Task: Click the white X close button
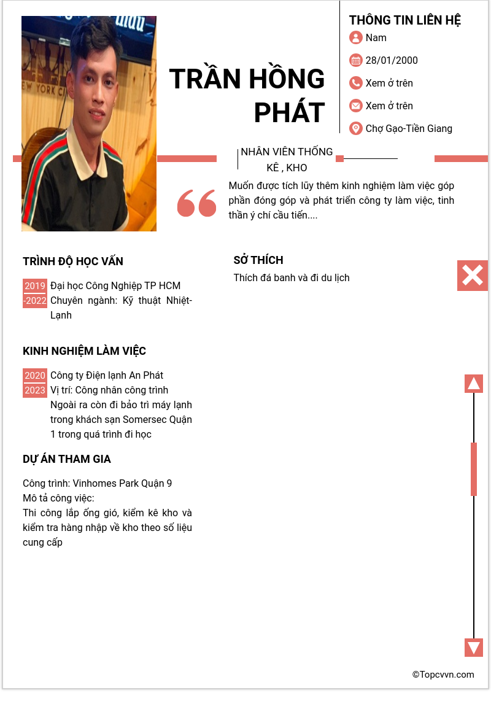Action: [x=473, y=276]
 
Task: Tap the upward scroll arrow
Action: [x=474, y=384]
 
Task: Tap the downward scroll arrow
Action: [x=474, y=648]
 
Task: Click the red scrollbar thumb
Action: [x=474, y=468]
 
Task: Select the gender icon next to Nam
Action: [x=355, y=37]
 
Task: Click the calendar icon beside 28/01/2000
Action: [x=355, y=60]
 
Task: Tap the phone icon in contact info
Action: [x=355, y=83]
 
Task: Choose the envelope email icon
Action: [x=355, y=106]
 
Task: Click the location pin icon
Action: [x=355, y=128]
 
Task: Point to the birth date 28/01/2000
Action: [x=392, y=60]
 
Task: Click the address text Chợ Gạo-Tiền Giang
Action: [x=409, y=128]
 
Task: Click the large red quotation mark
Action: [x=196, y=203]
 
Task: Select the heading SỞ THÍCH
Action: [x=258, y=260]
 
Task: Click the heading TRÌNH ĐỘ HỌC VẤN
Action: [x=73, y=261]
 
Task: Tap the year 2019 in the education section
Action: [x=35, y=286]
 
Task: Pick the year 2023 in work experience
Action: [x=35, y=390]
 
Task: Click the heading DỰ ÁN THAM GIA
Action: [x=67, y=459]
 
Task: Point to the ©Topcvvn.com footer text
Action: [x=443, y=675]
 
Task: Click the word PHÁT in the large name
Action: [x=289, y=112]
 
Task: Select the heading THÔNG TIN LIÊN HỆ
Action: [x=405, y=20]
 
